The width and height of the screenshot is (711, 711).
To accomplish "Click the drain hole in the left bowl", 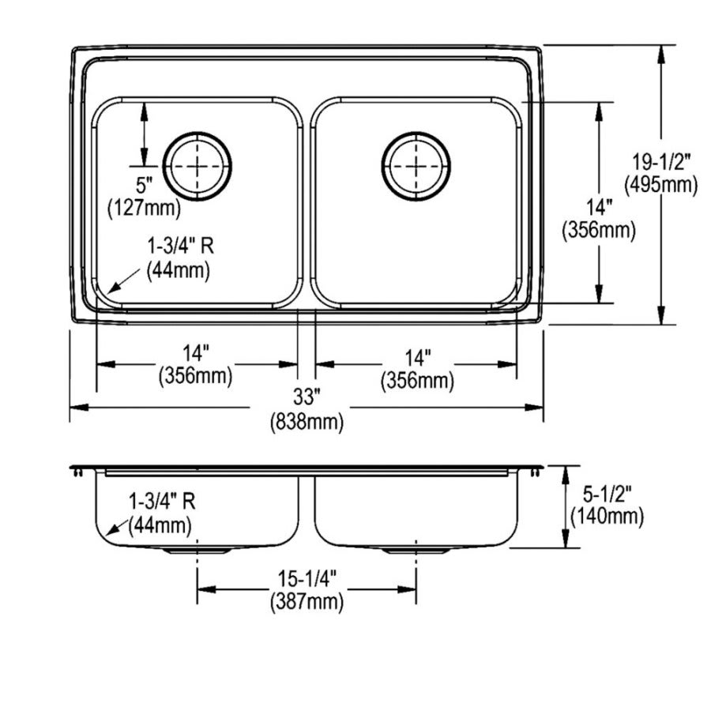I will [x=197, y=166].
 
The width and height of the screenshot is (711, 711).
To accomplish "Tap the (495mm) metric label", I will [x=660, y=185].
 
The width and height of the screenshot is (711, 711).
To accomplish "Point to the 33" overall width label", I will [x=307, y=397].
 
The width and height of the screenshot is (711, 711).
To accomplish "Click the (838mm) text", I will [x=307, y=422].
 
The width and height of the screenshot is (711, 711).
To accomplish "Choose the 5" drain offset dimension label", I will [x=143, y=187].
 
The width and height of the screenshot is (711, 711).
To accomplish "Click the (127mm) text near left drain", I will [x=143, y=209].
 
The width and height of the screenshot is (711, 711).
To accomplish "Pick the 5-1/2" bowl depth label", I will [x=606, y=495].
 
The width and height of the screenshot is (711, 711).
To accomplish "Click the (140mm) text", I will [x=606, y=517].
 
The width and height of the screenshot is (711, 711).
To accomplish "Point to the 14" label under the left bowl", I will [x=196, y=353].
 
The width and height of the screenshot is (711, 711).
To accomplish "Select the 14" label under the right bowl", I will [x=416, y=356].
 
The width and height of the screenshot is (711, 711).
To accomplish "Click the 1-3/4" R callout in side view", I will [x=164, y=500].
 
